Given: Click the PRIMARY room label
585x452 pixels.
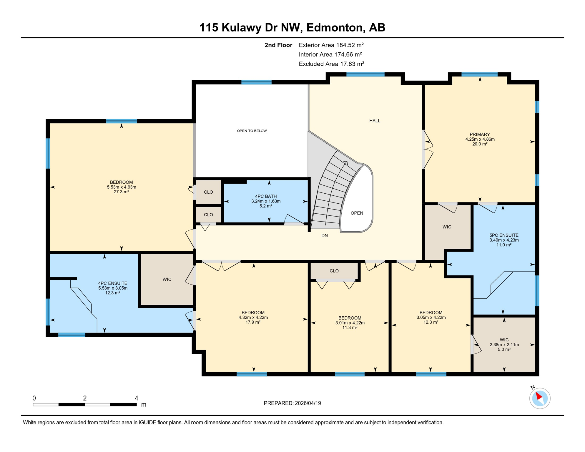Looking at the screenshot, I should point(480,134).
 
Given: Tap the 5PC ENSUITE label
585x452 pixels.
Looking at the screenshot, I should point(504,235).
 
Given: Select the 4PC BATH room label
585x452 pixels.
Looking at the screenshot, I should point(266,197).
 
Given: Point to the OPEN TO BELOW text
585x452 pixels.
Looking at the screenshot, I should point(252,131).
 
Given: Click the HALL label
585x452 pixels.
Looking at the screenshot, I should point(375,121).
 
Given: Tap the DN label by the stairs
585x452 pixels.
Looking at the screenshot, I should point(324,236).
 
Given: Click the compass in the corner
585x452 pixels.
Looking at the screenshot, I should point(540,398).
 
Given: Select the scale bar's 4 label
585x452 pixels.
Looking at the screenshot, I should point(136,398).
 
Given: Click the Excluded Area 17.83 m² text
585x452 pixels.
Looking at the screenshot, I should point(331,64).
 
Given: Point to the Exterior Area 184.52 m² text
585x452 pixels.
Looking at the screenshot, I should point(331,45).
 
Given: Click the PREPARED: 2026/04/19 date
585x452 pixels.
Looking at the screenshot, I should point(292,403).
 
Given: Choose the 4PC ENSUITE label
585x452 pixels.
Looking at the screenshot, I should point(113,283).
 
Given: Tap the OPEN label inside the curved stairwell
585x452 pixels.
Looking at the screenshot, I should point(357,213).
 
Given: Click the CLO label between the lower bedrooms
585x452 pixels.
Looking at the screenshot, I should point(334,271).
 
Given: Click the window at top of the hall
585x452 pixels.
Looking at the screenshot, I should point(365,74).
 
